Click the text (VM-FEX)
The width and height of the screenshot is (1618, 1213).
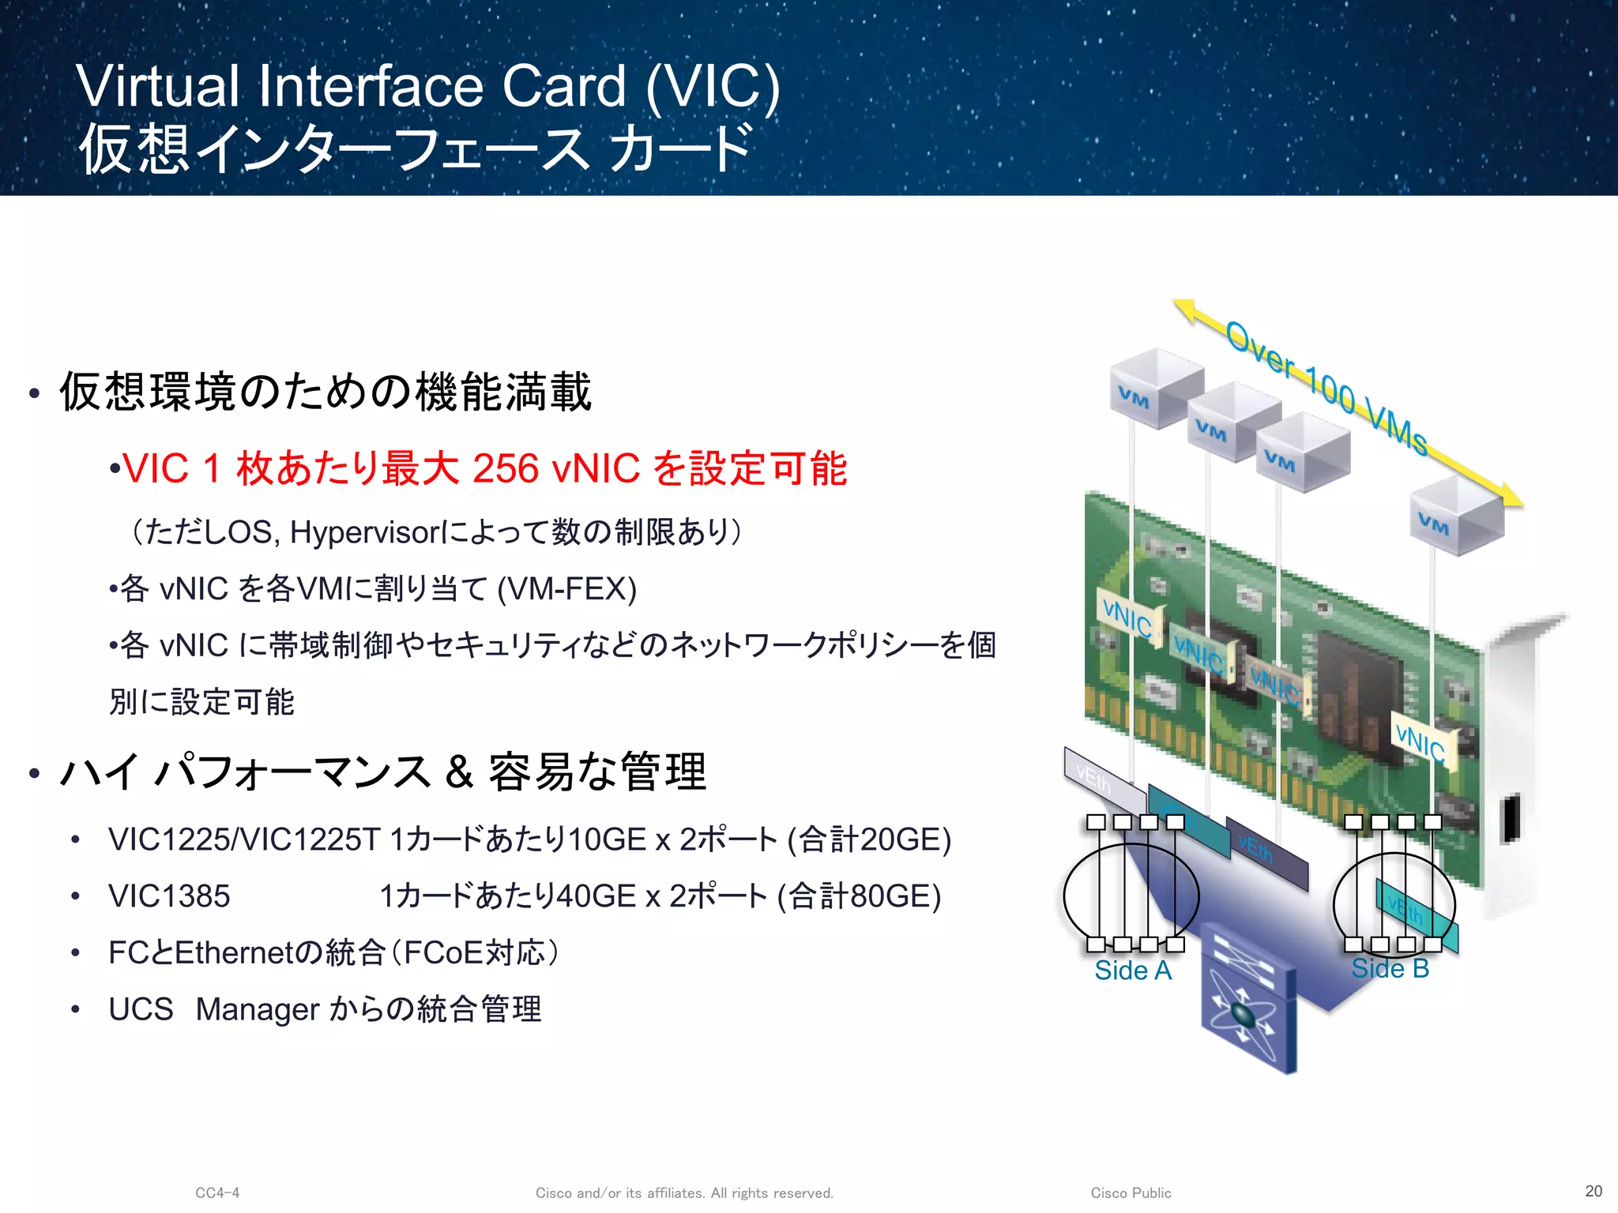pyautogui.click(x=567, y=589)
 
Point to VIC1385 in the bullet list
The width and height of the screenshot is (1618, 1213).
pyautogui.click(x=169, y=896)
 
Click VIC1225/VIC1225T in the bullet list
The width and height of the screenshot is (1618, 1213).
pyautogui.click(x=244, y=839)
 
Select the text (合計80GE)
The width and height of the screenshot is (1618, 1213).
pyautogui.click(x=860, y=896)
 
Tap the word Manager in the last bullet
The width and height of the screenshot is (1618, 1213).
pyautogui.click(x=258, y=1009)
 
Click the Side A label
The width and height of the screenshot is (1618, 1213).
pyautogui.click(x=1132, y=970)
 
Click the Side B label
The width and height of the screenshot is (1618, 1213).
pyautogui.click(x=1390, y=968)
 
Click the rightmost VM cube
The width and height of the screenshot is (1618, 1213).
pyautogui.click(x=1456, y=515)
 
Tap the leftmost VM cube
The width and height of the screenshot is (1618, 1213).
pyautogui.click(x=1155, y=389)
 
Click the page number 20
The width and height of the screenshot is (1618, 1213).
pyautogui.click(x=1594, y=1191)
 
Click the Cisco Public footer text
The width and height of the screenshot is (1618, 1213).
pyautogui.click(x=1131, y=1192)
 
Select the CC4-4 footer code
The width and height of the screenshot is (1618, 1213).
pyautogui.click(x=217, y=1192)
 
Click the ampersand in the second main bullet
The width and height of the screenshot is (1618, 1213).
pyautogui.click(x=459, y=772)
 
